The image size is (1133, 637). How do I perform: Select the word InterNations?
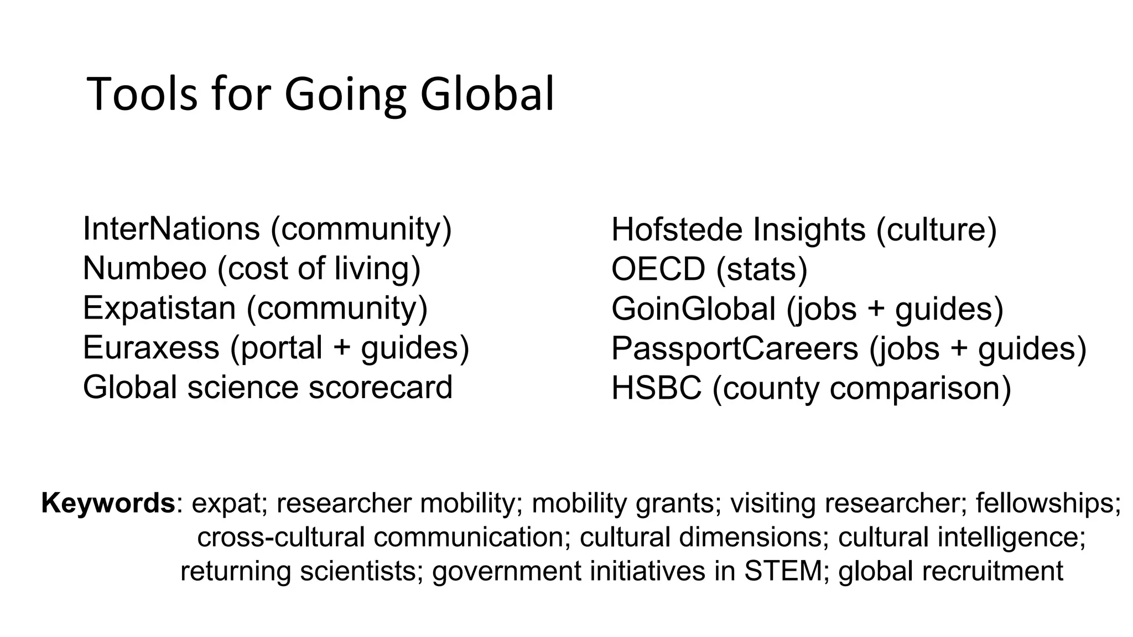(171, 228)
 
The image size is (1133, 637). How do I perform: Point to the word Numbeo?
(144, 268)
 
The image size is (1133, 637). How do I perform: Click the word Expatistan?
(159, 308)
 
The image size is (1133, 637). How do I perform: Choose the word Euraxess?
(150, 348)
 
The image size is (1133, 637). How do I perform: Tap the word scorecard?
(381, 387)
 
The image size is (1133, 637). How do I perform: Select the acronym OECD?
(658, 269)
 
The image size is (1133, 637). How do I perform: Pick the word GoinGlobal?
(693, 309)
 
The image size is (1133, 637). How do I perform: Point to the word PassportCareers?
(735, 348)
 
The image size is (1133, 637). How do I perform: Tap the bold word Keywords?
(108, 503)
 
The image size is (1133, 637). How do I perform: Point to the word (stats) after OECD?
(762, 269)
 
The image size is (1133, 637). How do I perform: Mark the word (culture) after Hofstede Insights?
(936, 229)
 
